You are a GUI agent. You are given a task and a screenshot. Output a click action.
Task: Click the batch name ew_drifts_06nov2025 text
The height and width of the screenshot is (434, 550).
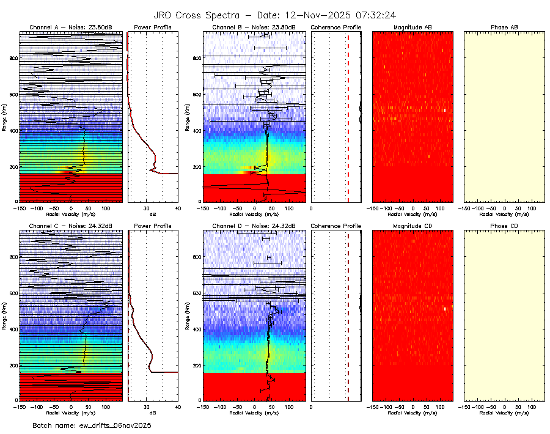coord(92,425)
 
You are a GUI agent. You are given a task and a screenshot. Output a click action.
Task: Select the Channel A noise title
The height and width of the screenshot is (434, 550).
coord(71,28)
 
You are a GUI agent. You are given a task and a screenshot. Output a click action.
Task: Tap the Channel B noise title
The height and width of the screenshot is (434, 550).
coord(254,28)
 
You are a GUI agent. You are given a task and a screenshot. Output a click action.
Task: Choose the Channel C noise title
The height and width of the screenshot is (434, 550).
coord(71,226)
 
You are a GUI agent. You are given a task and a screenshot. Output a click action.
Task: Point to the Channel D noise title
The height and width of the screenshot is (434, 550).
coord(254,226)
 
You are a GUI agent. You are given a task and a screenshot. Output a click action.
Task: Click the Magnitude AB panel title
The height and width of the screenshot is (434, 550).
coord(413,28)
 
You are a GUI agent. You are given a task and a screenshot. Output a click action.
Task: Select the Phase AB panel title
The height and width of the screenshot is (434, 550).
coord(504,28)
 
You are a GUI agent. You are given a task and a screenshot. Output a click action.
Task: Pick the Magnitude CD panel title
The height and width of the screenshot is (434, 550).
coord(413,226)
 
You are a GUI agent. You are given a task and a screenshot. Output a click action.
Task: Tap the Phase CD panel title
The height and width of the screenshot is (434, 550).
coord(504,226)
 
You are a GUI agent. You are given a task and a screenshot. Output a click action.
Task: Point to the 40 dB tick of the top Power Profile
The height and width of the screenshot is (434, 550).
coord(177,209)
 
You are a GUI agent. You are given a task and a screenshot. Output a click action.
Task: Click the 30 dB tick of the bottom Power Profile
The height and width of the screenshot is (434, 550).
coord(147,407)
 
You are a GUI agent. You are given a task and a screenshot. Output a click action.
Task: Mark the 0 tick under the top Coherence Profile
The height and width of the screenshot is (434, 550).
coord(312,209)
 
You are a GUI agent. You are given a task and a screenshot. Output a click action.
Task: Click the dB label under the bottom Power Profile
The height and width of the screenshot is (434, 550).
coord(152,412)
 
